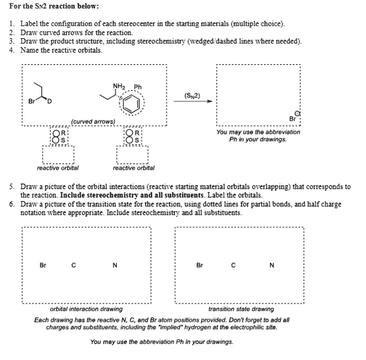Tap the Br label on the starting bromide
pyautogui.click(x=32, y=101)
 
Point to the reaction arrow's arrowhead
pyautogui.click(x=209, y=101)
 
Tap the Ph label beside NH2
pyautogui.click(x=138, y=87)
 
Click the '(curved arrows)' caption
pyautogui.click(x=93, y=122)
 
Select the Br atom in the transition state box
pyautogui.click(x=199, y=265)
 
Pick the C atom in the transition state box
pyautogui.click(x=233, y=265)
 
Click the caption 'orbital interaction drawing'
pyautogui.click(x=86, y=309)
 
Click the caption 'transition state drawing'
pyautogui.click(x=241, y=309)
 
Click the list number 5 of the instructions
pyautogui.click(x=12, y=187)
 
